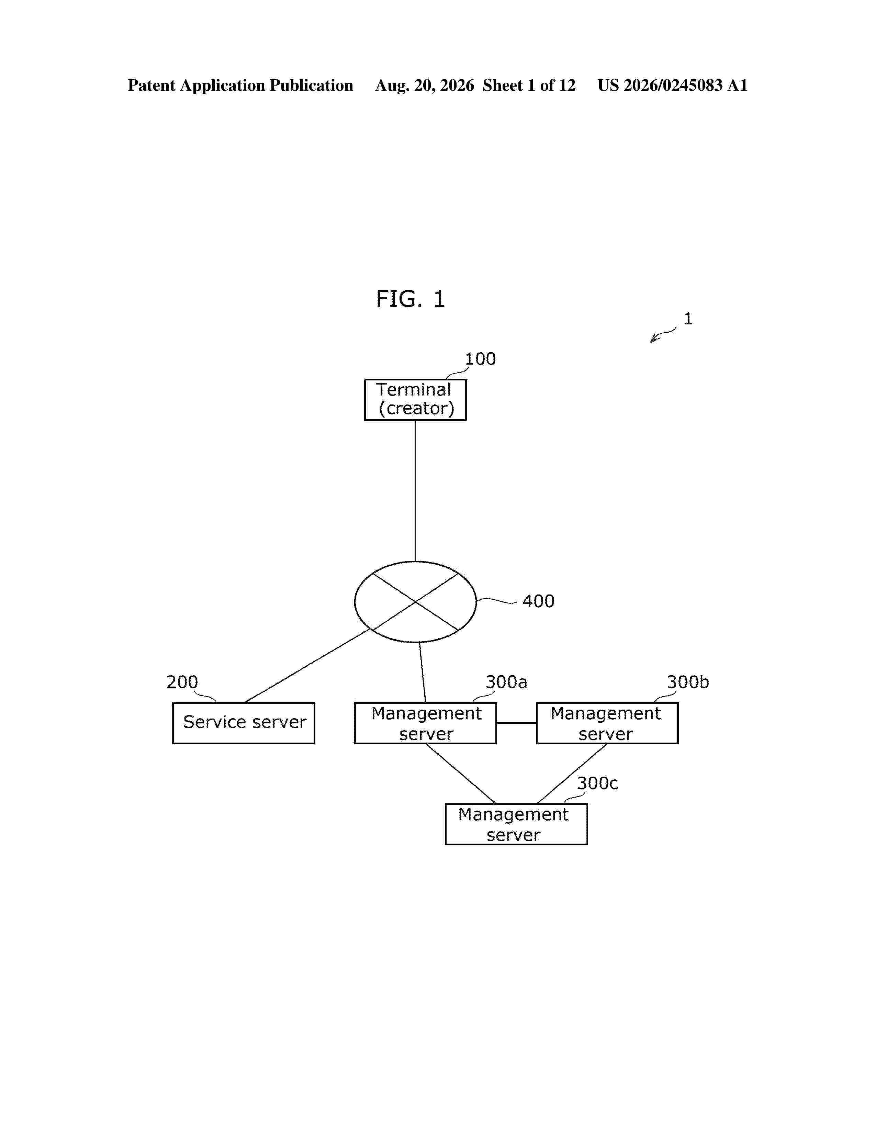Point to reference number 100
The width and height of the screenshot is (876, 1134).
click(x=480, y=359)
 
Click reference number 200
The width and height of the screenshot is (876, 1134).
click(x=182, y=682)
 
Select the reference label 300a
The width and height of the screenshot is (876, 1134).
click(x=506, y=682)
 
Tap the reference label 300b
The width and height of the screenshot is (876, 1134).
click(x=688, y=682)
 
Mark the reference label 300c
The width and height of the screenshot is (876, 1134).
click(x=597, y=783)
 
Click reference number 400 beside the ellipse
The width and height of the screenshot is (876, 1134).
click(x=538, y=601)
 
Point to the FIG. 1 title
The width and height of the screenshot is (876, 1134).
click(x=411, y=299)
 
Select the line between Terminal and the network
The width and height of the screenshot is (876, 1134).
click(x=415, y=491)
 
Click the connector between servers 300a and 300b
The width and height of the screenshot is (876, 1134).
click(x=516, y=723)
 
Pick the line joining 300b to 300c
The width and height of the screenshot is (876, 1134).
click(x=572, y=774)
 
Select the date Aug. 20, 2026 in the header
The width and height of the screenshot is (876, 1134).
click(x=425, y=86)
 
